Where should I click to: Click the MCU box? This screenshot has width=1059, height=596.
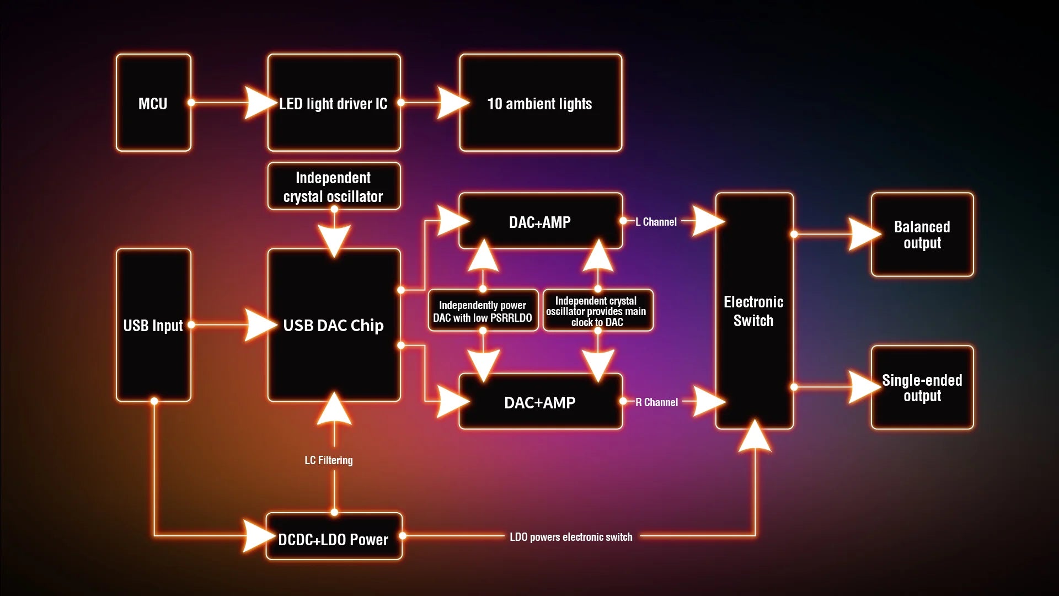coord(153,103)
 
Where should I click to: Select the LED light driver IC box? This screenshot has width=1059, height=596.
coord(334,103)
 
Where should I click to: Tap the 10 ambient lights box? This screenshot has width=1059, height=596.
coord(540,103)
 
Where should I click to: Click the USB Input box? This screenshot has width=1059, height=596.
coord(153,325)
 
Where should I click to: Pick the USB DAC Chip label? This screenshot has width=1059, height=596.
coord(333,326)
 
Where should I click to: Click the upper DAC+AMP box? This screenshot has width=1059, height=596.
coord(540,222)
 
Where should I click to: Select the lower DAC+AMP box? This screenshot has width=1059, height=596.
coord(540,402)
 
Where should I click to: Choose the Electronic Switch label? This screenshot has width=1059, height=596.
coord(753,311)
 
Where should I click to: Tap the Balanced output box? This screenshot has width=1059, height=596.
coord(922,235)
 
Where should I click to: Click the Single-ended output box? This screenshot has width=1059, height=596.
coord(922,387)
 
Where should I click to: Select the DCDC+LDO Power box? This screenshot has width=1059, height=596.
coord(334,539)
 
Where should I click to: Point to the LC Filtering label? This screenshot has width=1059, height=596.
coord(329,460)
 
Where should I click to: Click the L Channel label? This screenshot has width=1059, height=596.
coord(656,222)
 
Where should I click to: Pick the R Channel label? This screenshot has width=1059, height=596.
coord(656,402)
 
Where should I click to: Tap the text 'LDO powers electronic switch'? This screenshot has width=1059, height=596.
coord(571,537)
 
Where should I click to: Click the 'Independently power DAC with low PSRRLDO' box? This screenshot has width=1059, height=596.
coord(483,311)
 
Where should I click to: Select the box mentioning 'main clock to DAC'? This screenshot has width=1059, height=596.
coord(597,311)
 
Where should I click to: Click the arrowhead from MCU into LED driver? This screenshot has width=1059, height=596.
coord(259,103)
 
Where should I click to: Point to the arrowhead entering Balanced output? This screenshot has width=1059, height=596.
coord(863,235)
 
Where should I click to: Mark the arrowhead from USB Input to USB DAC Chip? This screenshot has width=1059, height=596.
coord(259,325)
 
